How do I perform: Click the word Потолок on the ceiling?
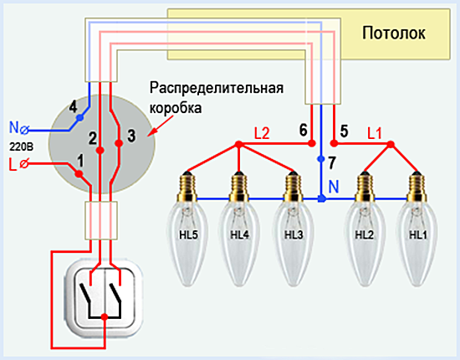pos(394,33)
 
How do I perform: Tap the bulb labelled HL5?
pos(187,228)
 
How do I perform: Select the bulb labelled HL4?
pos(239,228)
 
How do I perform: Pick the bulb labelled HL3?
pos(293,228)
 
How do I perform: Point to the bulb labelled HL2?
pos(365,228)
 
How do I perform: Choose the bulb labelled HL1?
pos(417,228)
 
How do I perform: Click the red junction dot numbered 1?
pos(79,174)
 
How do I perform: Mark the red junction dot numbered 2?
pos(100,151)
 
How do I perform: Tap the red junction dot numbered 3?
pos(119,143)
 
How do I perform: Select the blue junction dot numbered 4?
pos(79,118)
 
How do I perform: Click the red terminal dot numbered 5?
pos(334,143)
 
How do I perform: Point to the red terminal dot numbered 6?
pos(312,143)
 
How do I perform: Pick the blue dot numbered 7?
pos(321,159)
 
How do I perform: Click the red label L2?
pos(262,134)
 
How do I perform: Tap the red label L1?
pos(375,134)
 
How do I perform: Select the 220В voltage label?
pos(21,147)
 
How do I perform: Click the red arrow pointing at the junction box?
pos(161,126)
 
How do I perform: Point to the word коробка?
pos(176,108)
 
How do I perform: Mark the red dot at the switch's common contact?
pos(105,316)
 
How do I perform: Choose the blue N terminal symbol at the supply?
pos(24,130)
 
